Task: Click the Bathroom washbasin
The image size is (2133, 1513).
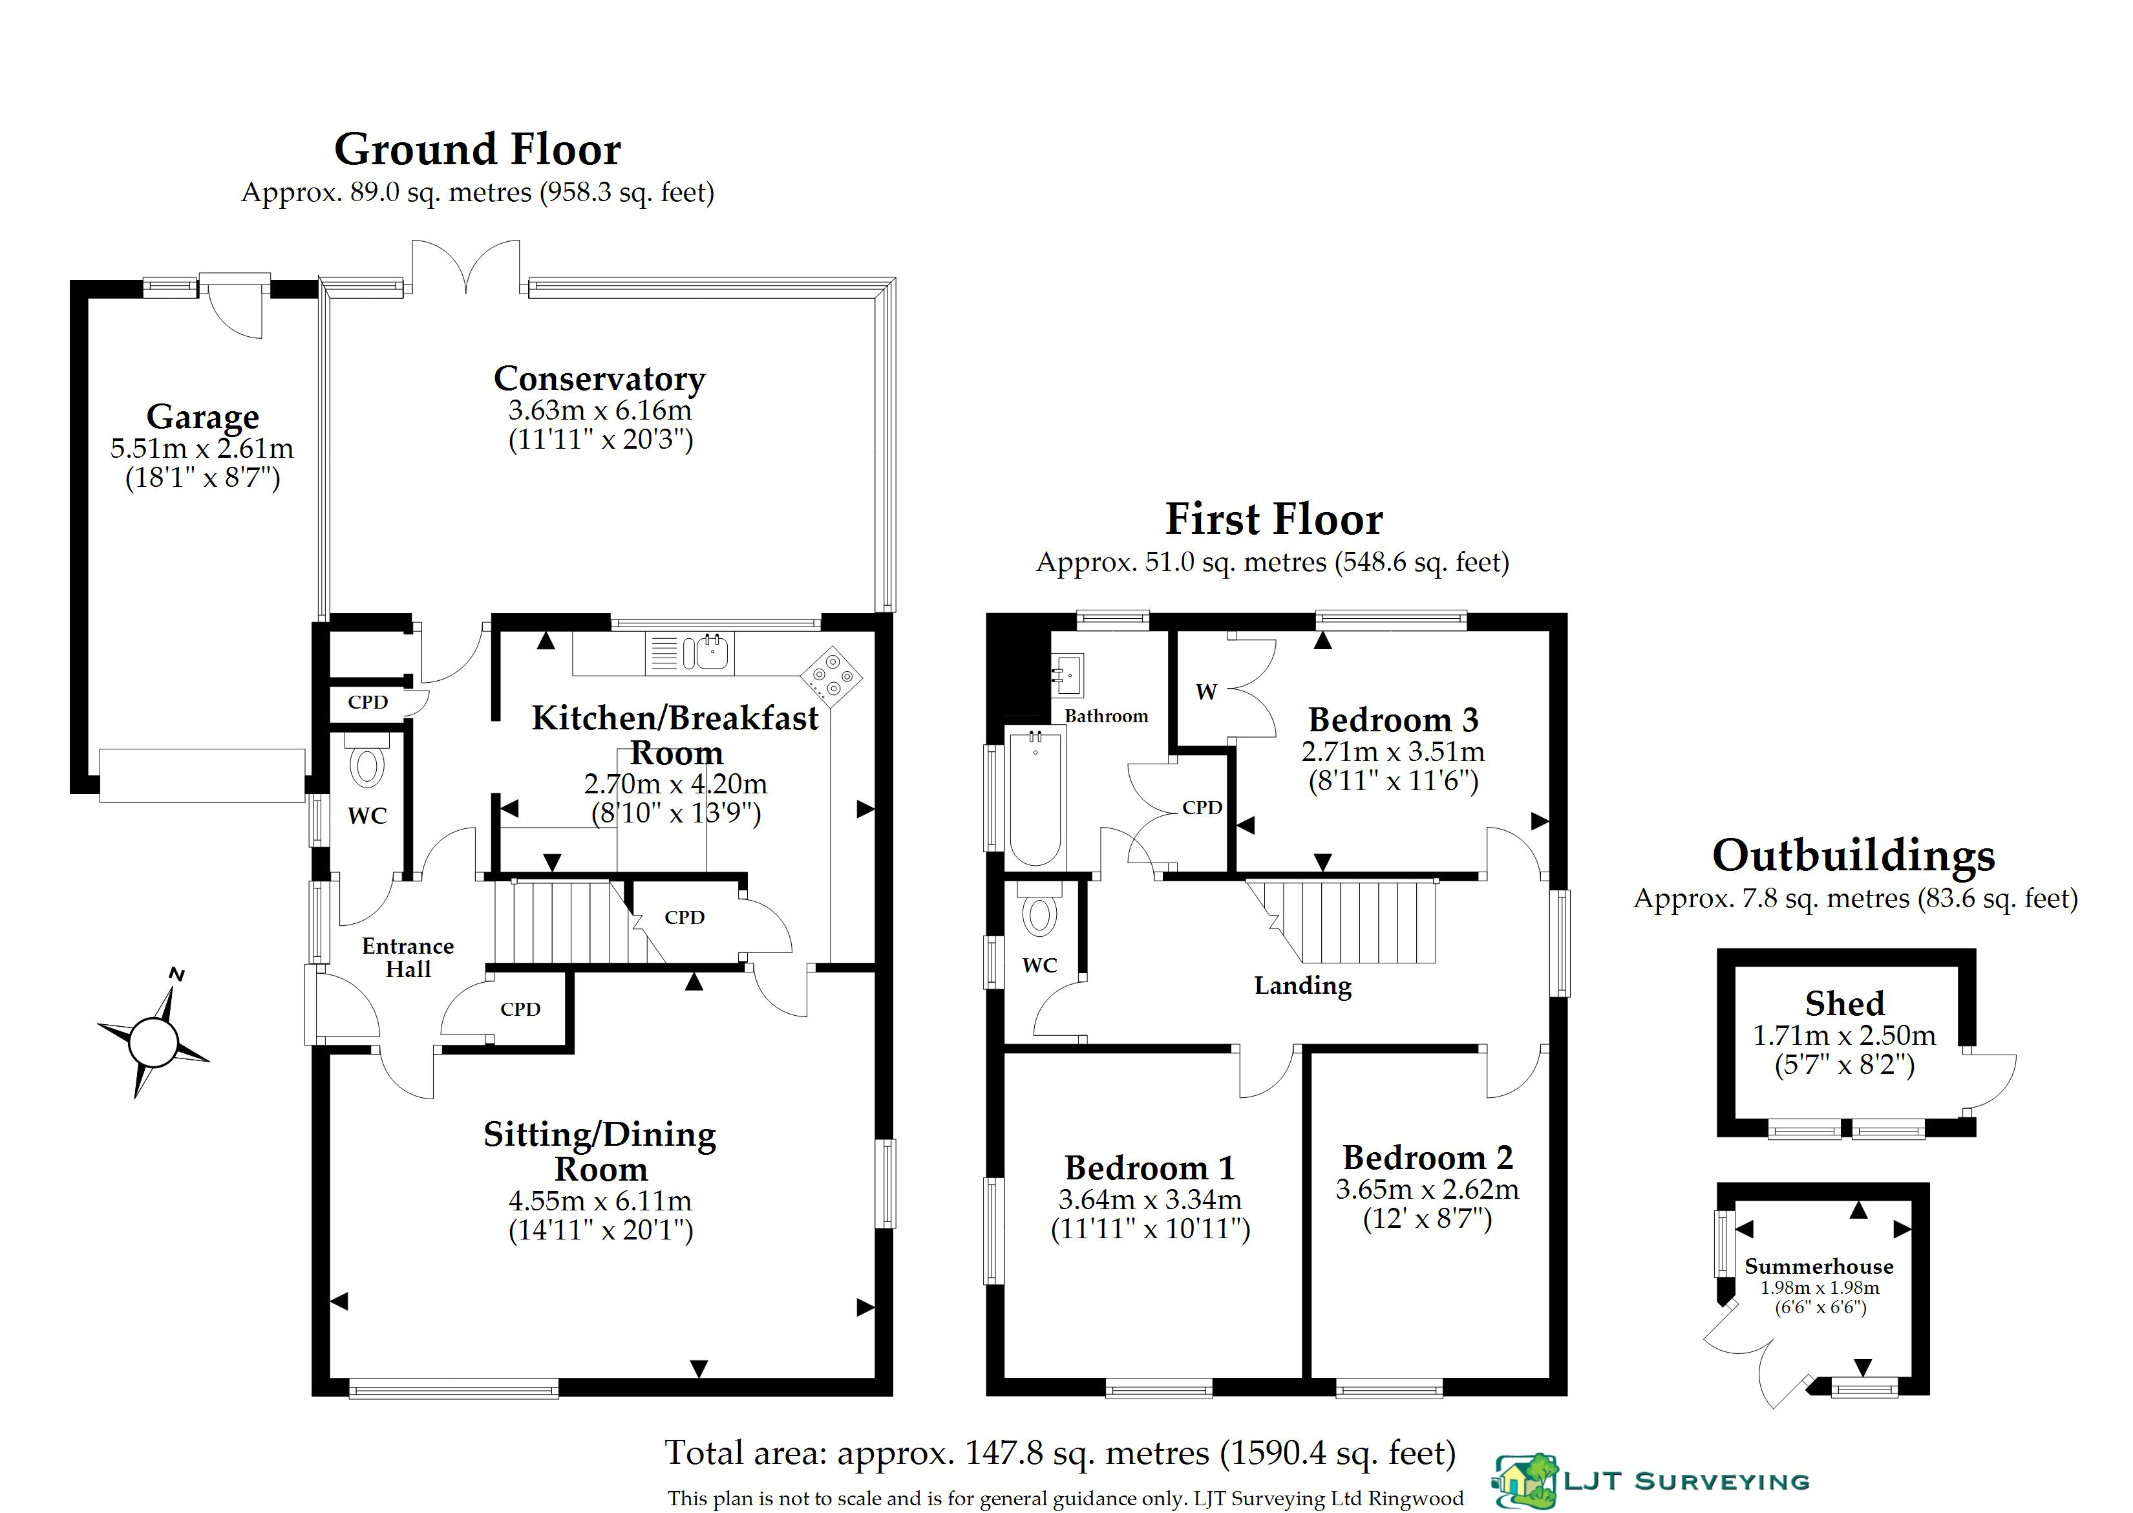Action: click(x=1068, y=674)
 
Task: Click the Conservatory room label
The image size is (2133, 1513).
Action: click(x=600, y=378)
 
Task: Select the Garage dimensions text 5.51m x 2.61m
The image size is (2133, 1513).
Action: click(x=202, y=448)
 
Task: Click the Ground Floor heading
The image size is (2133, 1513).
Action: click(x=478, y=149)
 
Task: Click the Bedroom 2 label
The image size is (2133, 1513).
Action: click(x=1428, y=1157)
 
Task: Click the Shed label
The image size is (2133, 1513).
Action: click(x=1844, y=1003)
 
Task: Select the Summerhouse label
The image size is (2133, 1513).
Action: click(x=1819, y=1266)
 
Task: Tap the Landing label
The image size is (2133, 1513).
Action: click(x=1302, y=985)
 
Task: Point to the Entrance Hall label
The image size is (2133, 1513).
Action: click(x=408, y=958)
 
